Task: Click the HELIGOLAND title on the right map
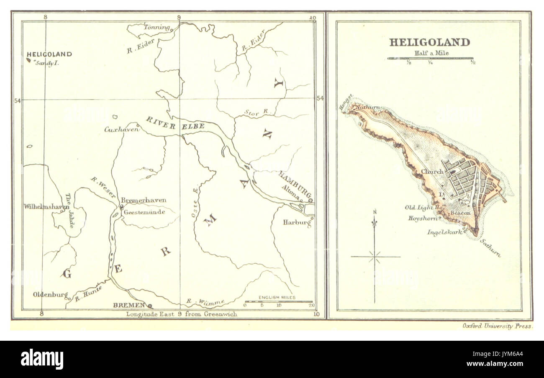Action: point(429,42)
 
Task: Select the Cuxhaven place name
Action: point(121,130)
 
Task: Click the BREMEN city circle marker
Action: point(150,306)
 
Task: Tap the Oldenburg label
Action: point(50,295)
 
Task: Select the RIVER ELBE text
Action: point(175,124)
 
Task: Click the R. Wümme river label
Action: point(205,301)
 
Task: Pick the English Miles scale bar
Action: point(278,301)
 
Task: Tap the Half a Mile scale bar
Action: point(430,58)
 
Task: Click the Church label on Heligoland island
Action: point(432,172)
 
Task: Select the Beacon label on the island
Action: point(460,213)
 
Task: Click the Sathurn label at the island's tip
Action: point(490,248)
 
